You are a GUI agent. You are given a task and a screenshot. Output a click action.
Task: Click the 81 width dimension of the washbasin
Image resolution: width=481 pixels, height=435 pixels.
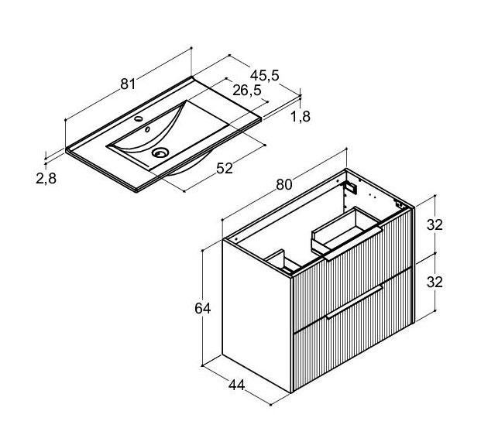[x=128, y=84]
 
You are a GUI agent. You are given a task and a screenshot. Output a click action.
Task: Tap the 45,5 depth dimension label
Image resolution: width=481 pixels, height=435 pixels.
[x=264, y=75]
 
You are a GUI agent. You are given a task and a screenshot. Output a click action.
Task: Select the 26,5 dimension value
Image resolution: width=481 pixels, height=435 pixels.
[x=247, y=90]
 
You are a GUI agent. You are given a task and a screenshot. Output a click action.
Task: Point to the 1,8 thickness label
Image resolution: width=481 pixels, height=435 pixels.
[x=301, y=117]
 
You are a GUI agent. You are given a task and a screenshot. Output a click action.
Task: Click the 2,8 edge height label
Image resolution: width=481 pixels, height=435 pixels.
[x=46, y=179]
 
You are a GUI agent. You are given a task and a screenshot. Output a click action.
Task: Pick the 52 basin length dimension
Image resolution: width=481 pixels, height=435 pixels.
[x=225, y=168]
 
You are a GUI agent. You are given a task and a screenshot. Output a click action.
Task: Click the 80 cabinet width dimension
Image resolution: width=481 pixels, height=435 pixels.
[x=283, y=184]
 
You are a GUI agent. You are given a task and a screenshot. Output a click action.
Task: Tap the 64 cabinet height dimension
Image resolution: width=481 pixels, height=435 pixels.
[x=202, y=308]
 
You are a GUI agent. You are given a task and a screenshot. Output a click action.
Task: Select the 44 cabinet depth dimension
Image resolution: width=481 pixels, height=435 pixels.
[x=236, y=385]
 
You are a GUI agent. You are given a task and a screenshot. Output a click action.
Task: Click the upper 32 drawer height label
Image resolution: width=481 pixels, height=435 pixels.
[x=435, y=225]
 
